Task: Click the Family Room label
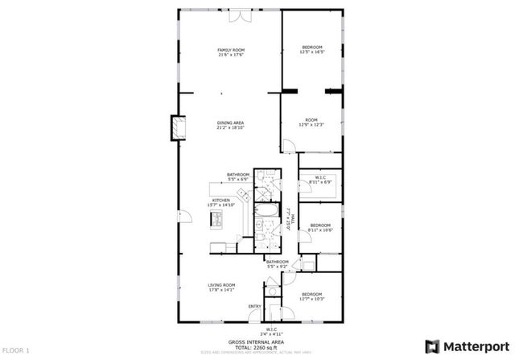pyautogui.click(x=229, y=51)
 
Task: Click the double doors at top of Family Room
pyautogui.click(x=241, y=17)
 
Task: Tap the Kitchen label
pyautogui.click(x=221, y=201)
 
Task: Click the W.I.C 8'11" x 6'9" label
pyautogui.click(x=321, y=180)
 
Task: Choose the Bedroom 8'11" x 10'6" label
pyautogui.click(x=321, y=227)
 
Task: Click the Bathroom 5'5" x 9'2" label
pyautogui.click(x=278, y=263)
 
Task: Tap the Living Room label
pyautogui.click(x=221, y=287)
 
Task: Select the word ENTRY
pyautogui.click(x=254, y=306)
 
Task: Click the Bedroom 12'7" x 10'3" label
pyautogui.click(x=312, y=296)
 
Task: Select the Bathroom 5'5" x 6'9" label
pyautogui.click(x=237, y=176)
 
